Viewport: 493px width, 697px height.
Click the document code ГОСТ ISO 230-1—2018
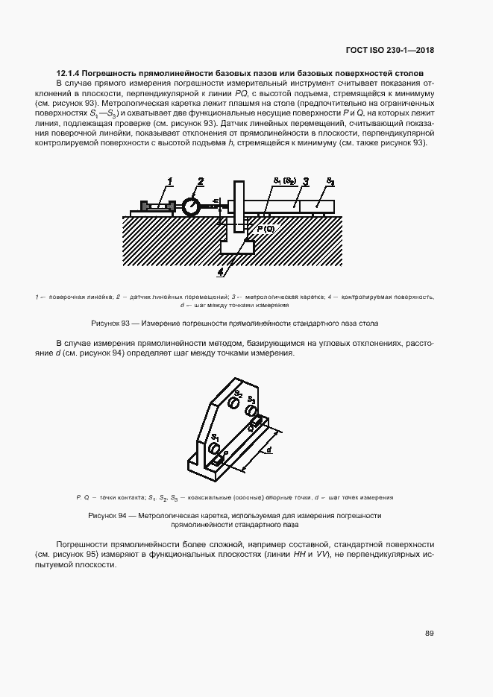click(391, 50)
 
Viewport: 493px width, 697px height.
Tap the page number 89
click(430, 633)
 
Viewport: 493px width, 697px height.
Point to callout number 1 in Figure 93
click(171, 180)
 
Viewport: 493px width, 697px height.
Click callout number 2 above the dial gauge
click(200, 180)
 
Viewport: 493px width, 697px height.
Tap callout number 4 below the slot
click(220, 272)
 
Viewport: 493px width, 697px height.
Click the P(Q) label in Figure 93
click(266, 229)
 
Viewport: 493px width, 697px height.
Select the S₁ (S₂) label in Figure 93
click(285, 181)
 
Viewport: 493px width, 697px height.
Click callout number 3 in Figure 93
click(306, 180)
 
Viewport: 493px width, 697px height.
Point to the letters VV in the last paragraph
click(322, 555)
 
